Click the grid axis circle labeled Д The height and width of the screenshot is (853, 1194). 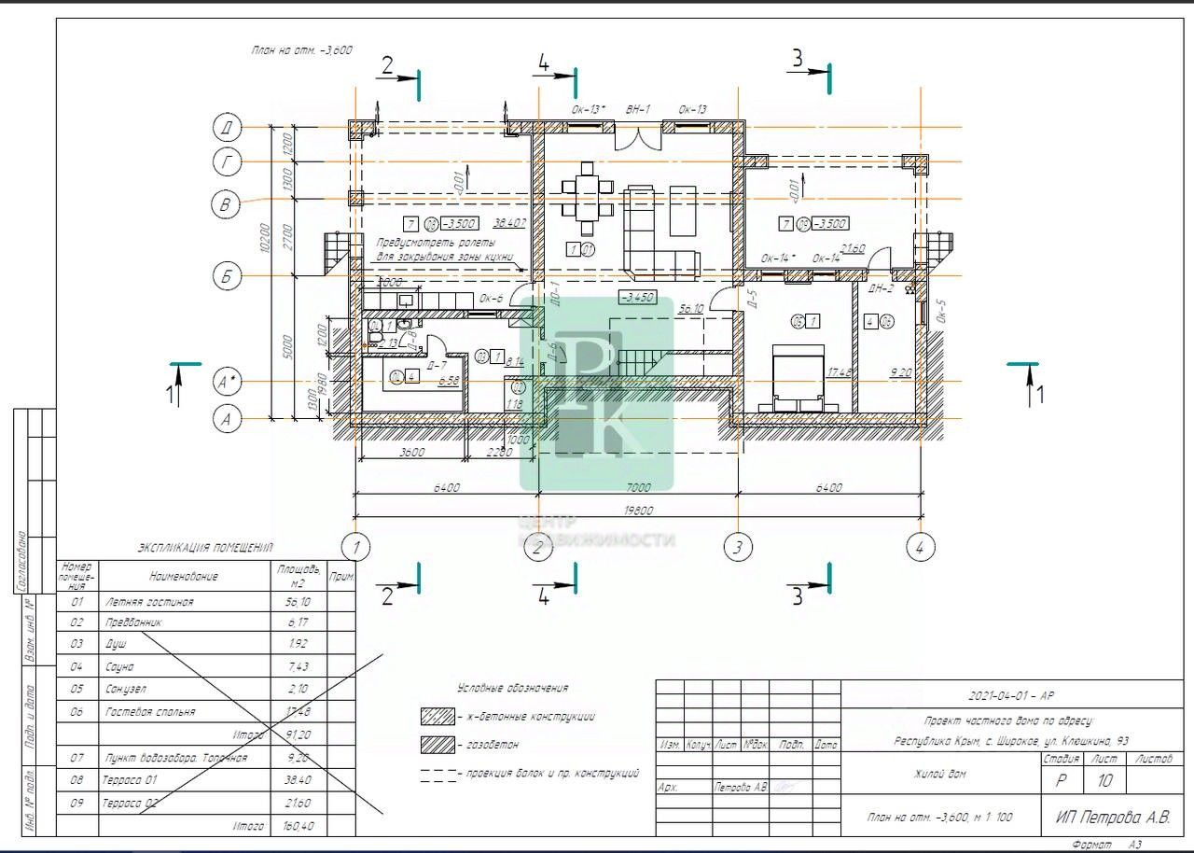(227, 127)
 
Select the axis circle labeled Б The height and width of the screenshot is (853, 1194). (227, 276)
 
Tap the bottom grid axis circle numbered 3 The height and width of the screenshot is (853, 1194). (738, 547)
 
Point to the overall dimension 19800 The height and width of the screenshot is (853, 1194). (638, 510)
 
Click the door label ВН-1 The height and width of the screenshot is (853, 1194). (638, 109)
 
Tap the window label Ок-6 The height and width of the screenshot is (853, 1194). (491, 299)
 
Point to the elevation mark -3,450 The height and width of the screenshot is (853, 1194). (638, 298)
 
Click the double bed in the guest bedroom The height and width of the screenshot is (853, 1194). (797, 377)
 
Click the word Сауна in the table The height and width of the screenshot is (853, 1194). (121, 667)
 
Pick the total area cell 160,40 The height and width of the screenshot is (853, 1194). (298, 826)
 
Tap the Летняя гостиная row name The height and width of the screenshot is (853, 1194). (150, 602)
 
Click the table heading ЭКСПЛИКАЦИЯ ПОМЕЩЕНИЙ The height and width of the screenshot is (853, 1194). (205, 549)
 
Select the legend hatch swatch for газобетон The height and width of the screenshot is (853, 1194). (437, 745)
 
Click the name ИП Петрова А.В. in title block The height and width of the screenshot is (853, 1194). (1113, 818)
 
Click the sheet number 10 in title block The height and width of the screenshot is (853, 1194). (1104, 779)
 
